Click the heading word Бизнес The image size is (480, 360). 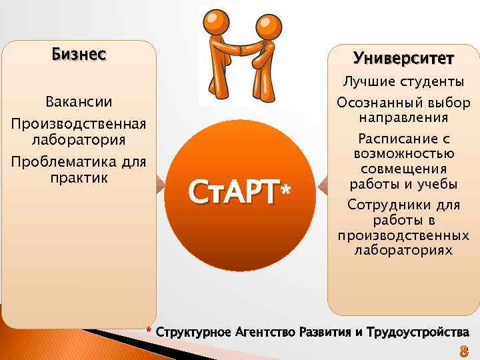[79, 54]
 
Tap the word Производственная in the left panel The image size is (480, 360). [79, 125]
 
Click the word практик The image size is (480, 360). [79, 178]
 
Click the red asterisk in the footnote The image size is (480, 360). [150, 331]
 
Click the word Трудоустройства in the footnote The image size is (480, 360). [416, 332]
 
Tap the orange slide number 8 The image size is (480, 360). [463, 351]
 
